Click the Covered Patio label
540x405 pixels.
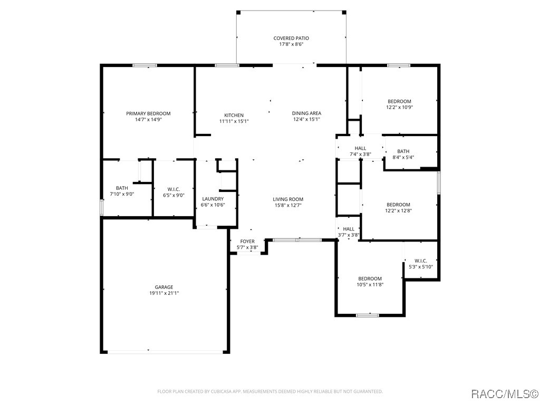(x=291, y=38)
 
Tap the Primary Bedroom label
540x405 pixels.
(x=148, y=113)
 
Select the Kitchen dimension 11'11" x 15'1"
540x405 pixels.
(x=234, y=121)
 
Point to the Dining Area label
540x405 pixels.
(x=306, y=113)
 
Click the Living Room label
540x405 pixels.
(x=287, y=199)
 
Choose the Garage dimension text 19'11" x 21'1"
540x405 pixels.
(x=164, y=293)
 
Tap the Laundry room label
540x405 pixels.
(x=213, y=199)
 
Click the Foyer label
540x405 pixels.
(x=247, y=242)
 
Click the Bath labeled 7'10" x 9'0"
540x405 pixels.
(x=122, y=188)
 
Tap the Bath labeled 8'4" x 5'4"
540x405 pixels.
(x=403, y=151)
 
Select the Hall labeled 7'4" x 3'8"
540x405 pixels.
(x=360, y=149)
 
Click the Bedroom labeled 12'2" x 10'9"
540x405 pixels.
(x=399, y=101)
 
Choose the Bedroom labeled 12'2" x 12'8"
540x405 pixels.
(x=398, y=205)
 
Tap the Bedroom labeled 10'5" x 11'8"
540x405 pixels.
(x=370, y=279)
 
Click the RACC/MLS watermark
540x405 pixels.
(x=504, y=394)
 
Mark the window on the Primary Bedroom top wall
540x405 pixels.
(x=144, y=65)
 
